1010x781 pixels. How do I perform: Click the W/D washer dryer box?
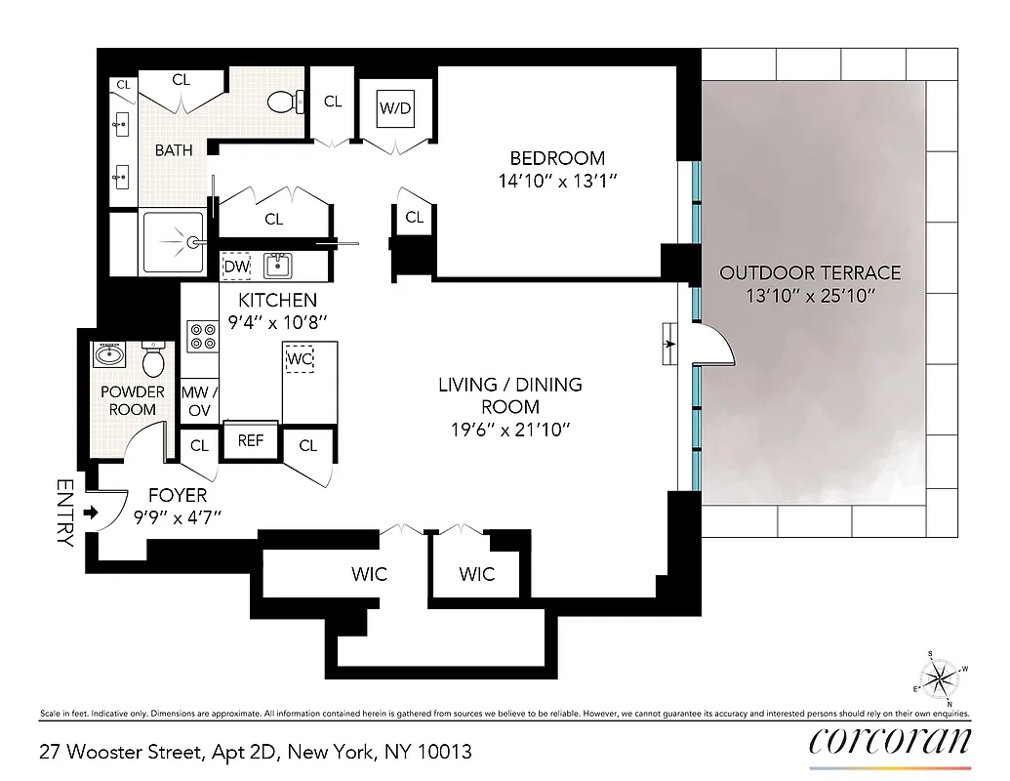(x=396, y=108)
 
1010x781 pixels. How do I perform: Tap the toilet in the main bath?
(x=280, y=102)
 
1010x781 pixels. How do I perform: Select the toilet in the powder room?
(x=153, y=360)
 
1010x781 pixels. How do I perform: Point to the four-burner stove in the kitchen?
(x=203, y=338)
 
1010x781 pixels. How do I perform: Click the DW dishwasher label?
(x=236, y=266)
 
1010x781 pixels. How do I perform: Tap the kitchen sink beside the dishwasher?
(x=280, y=265)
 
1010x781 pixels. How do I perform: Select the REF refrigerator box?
(x=251, y=440)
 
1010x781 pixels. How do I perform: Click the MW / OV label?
(x=199, y=401)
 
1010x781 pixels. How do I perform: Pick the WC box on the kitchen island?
(x=299, y=358)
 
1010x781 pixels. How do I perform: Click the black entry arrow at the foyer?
(x=90, y=512)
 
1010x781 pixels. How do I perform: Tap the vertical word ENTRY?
(x=65, y=513)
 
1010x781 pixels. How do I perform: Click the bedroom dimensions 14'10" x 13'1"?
(x=557, y=181)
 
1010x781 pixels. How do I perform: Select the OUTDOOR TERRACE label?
(x=810, y=273)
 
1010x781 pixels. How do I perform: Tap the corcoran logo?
(x=890, y=741)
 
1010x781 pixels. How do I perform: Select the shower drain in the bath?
(x=195, y=240)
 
